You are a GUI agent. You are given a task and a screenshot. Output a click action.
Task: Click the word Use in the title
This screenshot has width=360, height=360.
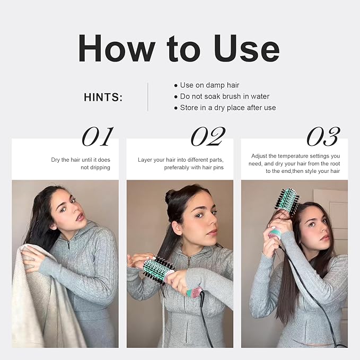coord(247,48)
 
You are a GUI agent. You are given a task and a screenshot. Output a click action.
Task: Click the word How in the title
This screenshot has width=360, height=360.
coord(117,48)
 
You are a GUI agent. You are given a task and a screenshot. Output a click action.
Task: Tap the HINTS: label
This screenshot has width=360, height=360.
coord(103,97)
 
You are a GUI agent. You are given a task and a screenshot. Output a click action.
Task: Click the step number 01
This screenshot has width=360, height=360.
coord(98,137)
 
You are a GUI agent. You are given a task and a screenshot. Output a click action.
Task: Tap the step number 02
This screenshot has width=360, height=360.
coord(208,137)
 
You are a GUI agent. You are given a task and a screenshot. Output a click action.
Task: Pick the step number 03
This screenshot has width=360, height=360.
coord(323,137)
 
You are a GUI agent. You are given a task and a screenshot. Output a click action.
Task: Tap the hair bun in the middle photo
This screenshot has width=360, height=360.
coord(170,196)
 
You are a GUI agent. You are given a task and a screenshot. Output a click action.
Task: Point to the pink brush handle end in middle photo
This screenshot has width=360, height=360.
coord(194,292)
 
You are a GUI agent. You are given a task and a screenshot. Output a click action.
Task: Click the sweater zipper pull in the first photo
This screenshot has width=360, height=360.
coord(68,245)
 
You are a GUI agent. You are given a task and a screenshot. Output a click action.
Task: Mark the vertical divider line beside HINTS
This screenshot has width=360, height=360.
coord(147,97)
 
